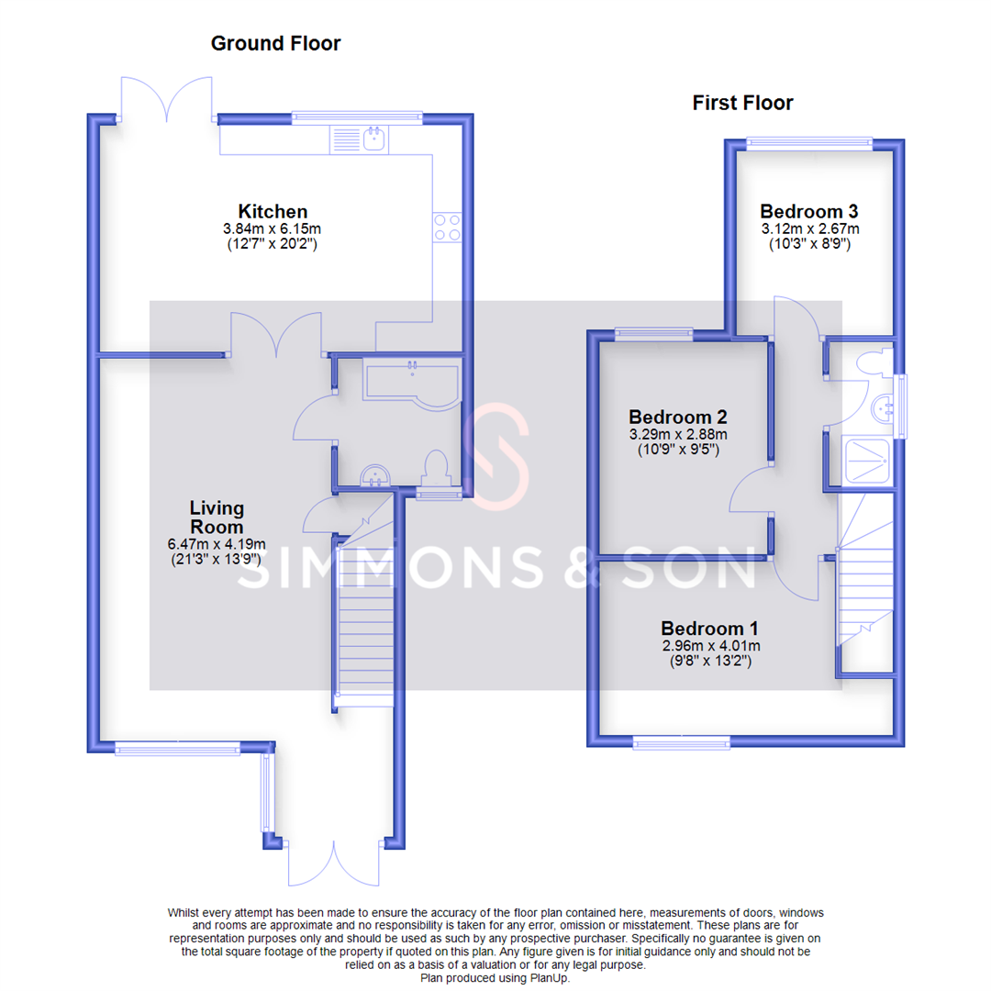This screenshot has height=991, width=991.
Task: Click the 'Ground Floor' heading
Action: (275, 43)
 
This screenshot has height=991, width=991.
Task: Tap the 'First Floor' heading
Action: (742, 103)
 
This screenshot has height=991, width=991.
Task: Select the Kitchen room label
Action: (273, 212)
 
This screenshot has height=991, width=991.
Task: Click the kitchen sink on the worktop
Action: (374, 139)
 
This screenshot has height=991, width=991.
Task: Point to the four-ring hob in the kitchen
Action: (447, 227)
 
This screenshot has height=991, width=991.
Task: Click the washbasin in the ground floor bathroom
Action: (375, 474)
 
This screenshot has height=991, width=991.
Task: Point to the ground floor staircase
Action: (365, 633)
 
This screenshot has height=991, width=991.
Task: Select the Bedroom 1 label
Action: (709, 629)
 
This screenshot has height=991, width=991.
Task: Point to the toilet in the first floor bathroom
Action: (872, 362)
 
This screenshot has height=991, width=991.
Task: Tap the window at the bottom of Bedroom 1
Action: (682, 740)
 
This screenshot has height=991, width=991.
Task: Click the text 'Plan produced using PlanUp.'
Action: (495, 979)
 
